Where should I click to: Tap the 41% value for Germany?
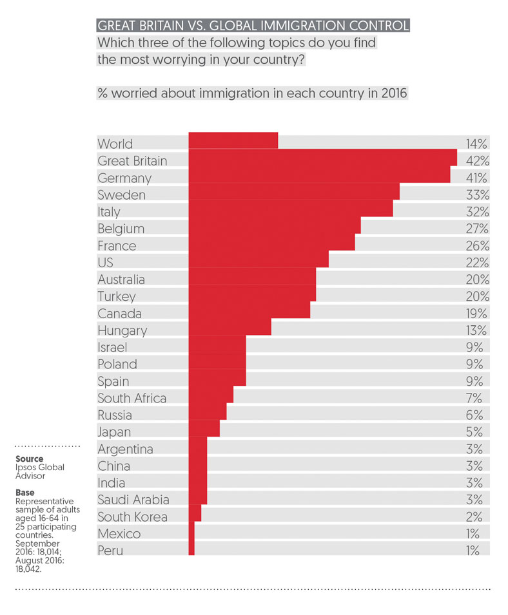[478, 178]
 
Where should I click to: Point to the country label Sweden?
[121, 194]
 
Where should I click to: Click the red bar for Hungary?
[230, 330]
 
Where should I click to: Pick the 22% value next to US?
[478, 263]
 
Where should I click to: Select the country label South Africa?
[132, 398]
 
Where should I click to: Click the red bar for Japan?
[204, 432]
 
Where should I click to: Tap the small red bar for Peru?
[191, 551]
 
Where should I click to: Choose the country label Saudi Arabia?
[133, 500]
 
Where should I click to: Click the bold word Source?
[29, 459]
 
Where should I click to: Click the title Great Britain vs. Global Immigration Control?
[252, 26]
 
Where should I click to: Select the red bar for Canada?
[249, 314]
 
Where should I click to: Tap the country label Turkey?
[116, 296]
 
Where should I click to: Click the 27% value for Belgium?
[478, 229]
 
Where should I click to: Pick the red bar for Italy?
[290, 211]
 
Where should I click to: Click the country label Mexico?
[119, 534]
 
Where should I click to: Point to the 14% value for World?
[478, 144]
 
